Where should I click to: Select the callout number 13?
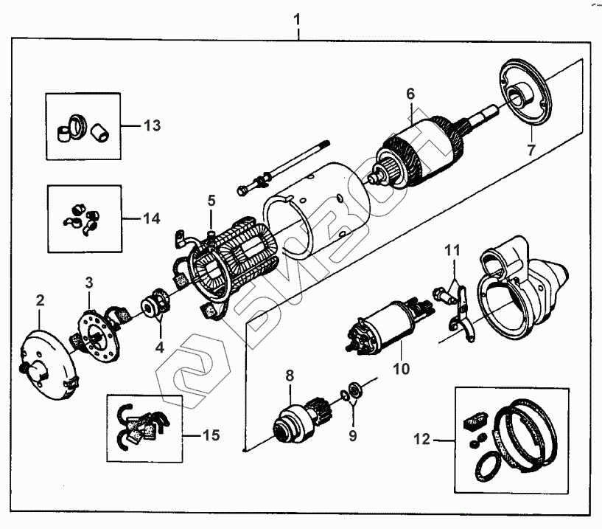(151, 125)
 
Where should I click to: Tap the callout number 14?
(151, 219)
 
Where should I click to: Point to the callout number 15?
(211, 435)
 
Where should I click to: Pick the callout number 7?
(528, 150)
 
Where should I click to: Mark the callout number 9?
(352, 435)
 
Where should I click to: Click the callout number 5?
(211, 199)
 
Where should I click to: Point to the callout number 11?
(451, 250)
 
